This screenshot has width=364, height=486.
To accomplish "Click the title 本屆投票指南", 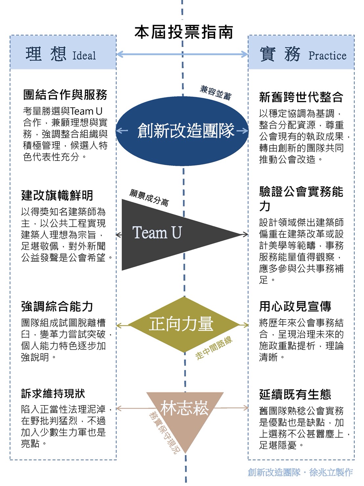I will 183,32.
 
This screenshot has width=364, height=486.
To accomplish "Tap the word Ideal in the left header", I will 84,56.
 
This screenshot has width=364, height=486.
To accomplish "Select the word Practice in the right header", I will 327,56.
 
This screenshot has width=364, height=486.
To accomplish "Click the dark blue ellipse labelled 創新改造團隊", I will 183,131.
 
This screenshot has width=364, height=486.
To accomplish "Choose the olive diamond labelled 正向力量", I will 183,324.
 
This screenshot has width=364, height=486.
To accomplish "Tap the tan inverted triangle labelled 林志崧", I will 185,411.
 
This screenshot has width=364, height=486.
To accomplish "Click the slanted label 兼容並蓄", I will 216,92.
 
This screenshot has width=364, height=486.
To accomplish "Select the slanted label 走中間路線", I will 214,348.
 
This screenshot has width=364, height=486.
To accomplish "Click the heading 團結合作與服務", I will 65,95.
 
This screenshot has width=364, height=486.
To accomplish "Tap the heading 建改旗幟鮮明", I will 57,195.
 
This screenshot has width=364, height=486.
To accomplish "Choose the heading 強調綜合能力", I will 57,306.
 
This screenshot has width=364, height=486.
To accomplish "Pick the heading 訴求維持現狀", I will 53,393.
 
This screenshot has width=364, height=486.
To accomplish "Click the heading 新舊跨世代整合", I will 301,97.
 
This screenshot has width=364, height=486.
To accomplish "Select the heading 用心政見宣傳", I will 295,306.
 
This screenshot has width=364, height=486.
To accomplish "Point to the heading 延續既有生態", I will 295,394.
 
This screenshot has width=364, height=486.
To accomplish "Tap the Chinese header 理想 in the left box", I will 46,54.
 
